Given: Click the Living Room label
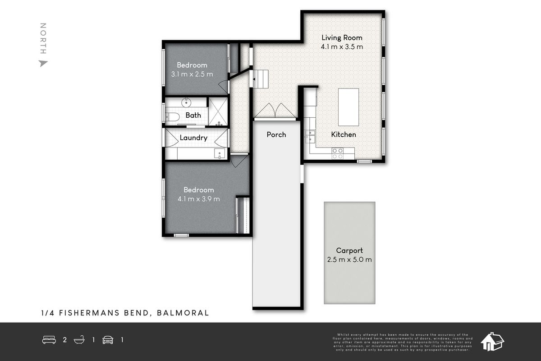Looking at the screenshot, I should click(341, 37).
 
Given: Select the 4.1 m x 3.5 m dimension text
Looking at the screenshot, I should click(341, 46).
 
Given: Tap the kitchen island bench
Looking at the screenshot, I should click(348, 107).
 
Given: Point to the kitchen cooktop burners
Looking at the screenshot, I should click(337, 153).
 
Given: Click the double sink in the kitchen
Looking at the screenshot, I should click(310, 136).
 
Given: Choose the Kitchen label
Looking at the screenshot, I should click(344, 134).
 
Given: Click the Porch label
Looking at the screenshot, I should click(276, 134).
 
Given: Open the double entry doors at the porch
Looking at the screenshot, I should click(275, 111).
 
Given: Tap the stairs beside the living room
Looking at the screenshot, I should click(260, 79).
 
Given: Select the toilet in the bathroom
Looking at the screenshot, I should click(172, 117).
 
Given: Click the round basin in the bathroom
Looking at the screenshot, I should click(186, 102).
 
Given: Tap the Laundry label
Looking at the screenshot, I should click(193, 138).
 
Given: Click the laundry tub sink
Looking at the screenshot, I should click(219, 153).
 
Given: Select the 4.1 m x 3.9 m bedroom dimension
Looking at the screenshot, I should click(199, 199).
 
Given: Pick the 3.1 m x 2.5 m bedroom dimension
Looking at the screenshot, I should click(192, 74).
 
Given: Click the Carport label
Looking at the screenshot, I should click(349, 250).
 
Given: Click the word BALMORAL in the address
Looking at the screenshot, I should click(183, 313).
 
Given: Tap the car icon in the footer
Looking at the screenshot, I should click(108, 340).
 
